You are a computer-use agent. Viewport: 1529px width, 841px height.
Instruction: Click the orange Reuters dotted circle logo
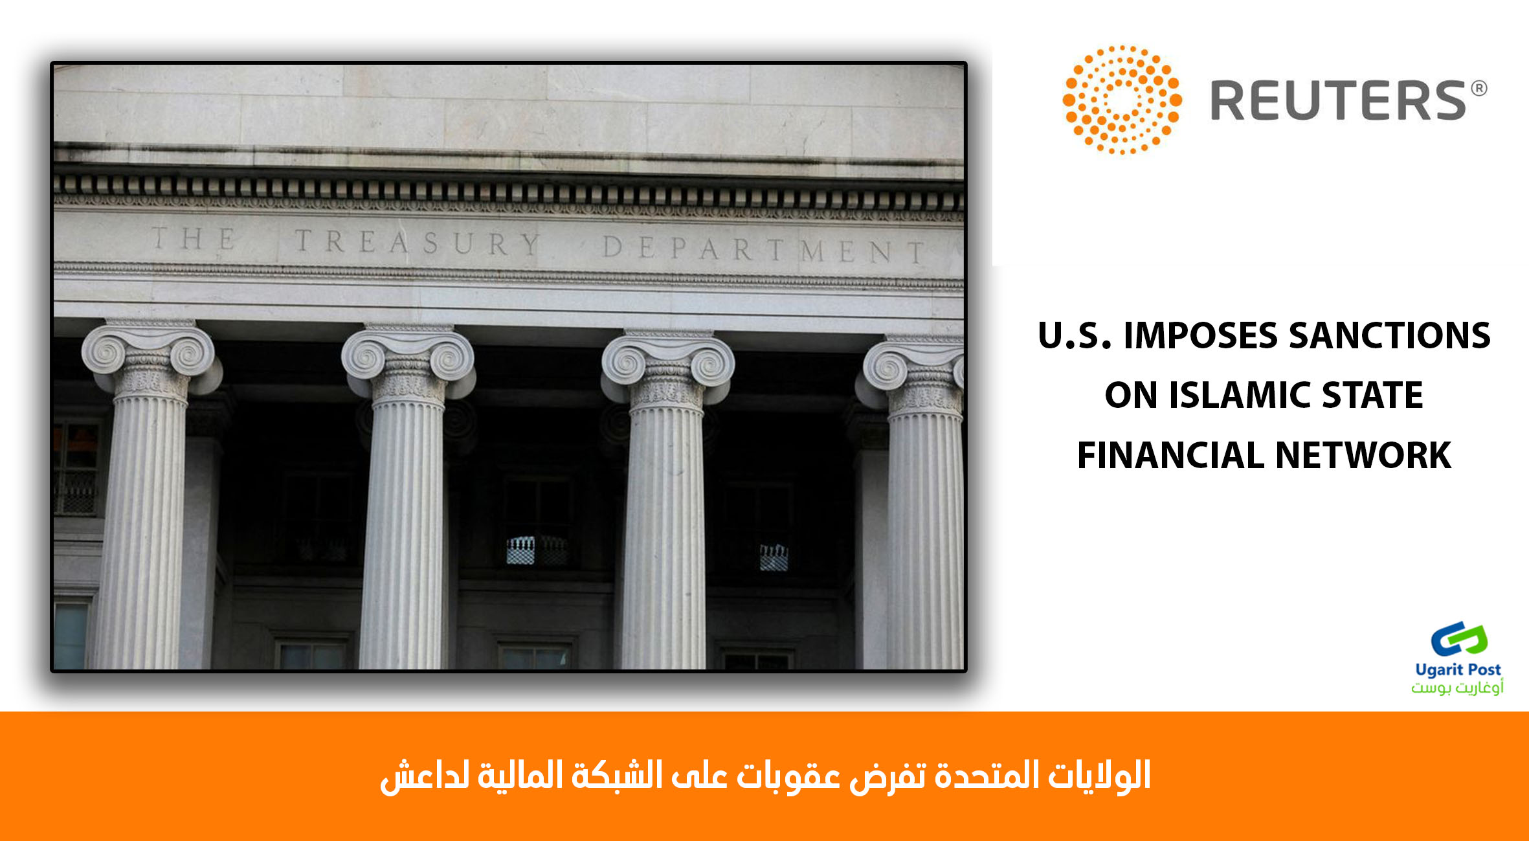coord(1122,100)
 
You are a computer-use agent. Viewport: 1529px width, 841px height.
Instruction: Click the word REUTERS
coord(1338,100)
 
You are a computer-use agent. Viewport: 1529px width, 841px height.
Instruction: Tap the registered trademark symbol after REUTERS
coord(1479,89)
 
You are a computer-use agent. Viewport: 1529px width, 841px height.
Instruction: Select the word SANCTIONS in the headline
coord(1390,335)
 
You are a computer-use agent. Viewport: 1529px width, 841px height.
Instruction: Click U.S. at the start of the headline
coord(1075,335)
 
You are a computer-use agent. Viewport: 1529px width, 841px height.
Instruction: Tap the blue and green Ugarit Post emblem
coord(1459,639)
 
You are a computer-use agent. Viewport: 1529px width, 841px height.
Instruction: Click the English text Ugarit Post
coord(1458,669)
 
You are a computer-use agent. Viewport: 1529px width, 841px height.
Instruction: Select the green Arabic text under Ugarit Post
coord(1457,687)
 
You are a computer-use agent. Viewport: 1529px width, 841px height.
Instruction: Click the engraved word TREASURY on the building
coord(418,242)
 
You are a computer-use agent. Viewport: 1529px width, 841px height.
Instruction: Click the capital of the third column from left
coord(668,369)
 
